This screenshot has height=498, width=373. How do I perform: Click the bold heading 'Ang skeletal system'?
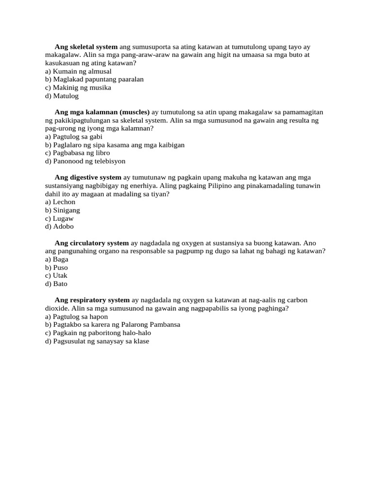86,47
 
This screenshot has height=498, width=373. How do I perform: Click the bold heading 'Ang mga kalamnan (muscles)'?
102,112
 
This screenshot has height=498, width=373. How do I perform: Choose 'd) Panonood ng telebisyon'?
85,161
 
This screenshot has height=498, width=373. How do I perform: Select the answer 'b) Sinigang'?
63,210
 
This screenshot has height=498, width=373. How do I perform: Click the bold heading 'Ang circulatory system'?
91,243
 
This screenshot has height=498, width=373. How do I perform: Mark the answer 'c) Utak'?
56,275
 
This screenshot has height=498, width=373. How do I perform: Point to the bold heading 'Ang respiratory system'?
92,300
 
